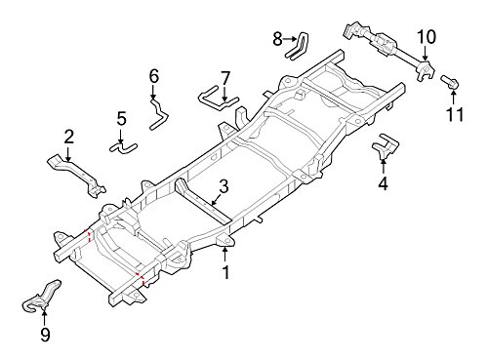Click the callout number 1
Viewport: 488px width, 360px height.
(x=225, y=272)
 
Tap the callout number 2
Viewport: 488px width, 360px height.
(x=68, y=137)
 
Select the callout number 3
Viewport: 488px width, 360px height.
(x=224, y=186)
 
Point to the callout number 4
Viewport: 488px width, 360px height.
(x=383, y=183)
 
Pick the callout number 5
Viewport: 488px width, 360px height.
(x=121, y=118)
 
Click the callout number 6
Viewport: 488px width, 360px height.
(x=154, y=76)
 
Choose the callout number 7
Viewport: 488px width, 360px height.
(x=225, y=78)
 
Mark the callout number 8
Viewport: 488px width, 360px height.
(x=277, y=39)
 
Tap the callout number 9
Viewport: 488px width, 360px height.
(x=45, y=335)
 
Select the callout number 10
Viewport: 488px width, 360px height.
(x=427, y=37)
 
